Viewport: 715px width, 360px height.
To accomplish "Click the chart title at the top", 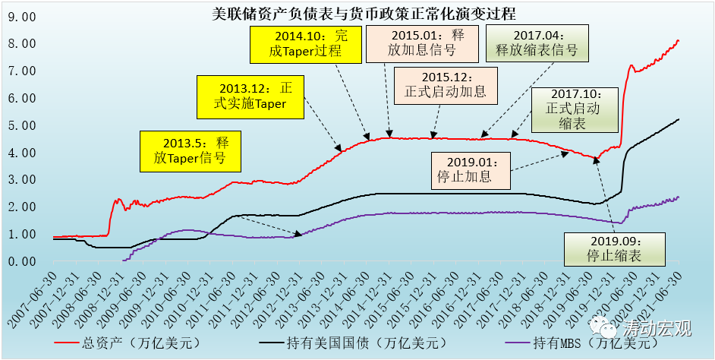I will tap(358, 13).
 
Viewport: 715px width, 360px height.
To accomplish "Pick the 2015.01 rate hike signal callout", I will tap(423, 43).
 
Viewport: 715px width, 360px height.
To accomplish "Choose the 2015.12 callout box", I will tap(446, 85).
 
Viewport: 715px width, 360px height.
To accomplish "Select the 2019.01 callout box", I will tap(471, 170).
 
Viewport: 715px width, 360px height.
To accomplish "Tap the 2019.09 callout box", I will tap(614, 247).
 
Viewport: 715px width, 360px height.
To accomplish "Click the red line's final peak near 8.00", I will tap(678, 40).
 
